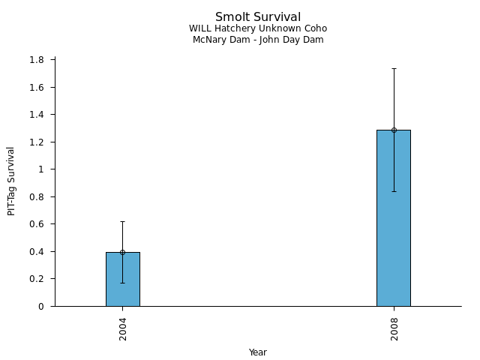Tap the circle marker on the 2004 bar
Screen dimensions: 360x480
(x=122, y=252)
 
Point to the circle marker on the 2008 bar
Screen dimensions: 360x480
(x=393, y=130)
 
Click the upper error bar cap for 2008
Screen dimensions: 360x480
(x=393, y=68)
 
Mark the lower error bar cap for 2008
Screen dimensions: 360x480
(x=393, y=191)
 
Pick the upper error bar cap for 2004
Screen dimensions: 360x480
(x=122, y=221)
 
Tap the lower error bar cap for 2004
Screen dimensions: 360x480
(x=122, y=283)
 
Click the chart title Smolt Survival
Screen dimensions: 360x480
(x=258, y=17)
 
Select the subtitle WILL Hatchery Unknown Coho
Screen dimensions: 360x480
(x=258, y=28)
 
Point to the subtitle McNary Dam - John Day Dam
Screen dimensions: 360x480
(x=258, y=40)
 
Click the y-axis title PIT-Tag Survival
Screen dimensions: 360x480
(x=11, y=181)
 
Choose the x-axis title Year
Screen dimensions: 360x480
(x=258, y=352)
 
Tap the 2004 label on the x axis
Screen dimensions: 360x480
(x=122, y=328)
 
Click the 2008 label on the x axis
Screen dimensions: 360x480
(x=394, y=328)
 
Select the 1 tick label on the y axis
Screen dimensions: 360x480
(x=42, y=169)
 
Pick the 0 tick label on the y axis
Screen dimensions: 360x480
(x=42, y=306)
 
